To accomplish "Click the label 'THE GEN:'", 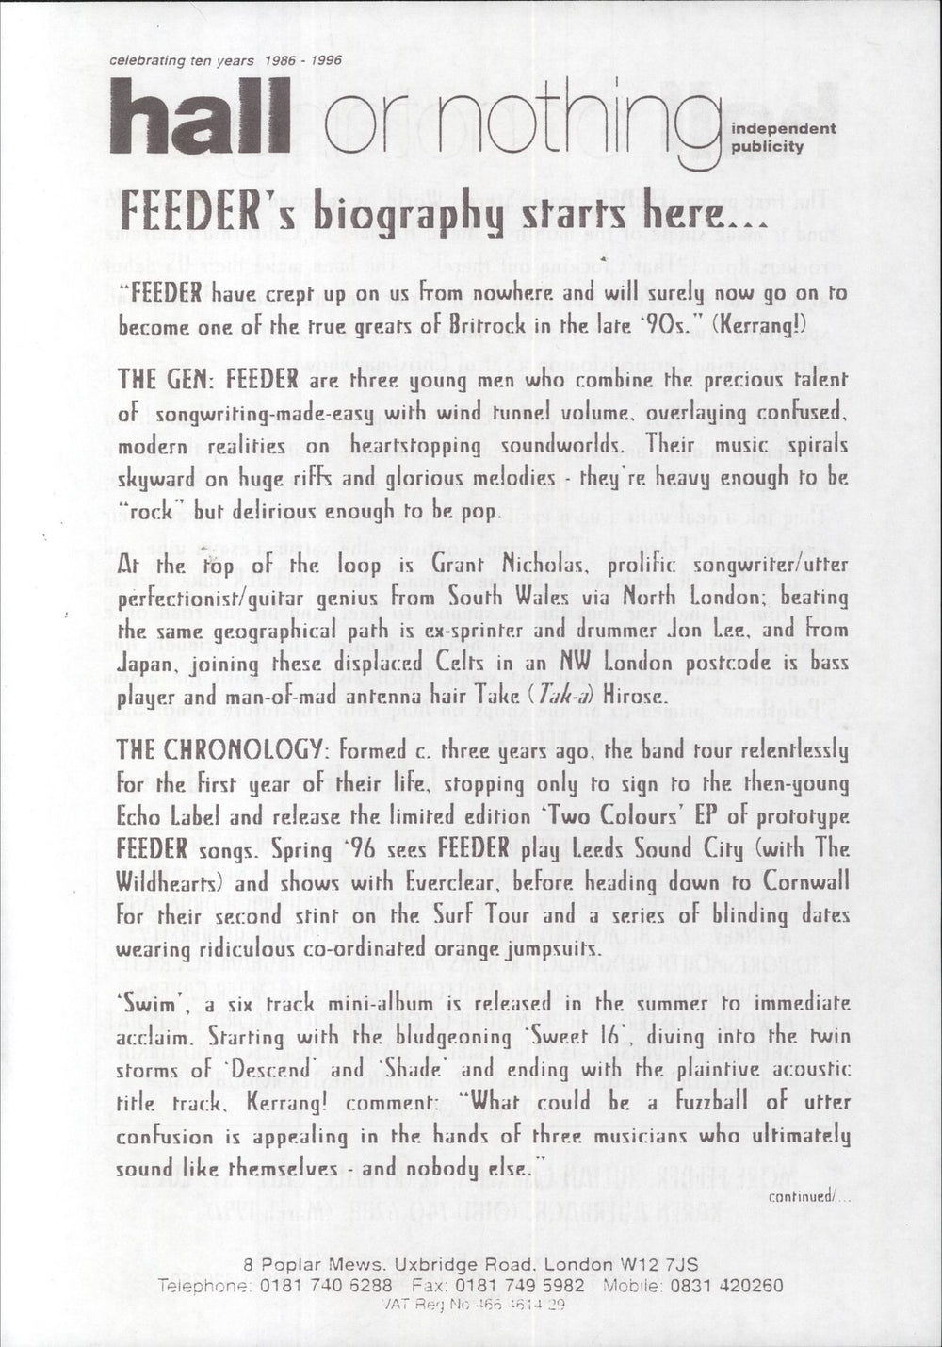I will (158, 379).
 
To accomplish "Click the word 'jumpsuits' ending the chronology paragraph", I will (547, 946).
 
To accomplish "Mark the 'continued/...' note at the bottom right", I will (808, 1196).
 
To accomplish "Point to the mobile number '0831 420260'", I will (729, 1284).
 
